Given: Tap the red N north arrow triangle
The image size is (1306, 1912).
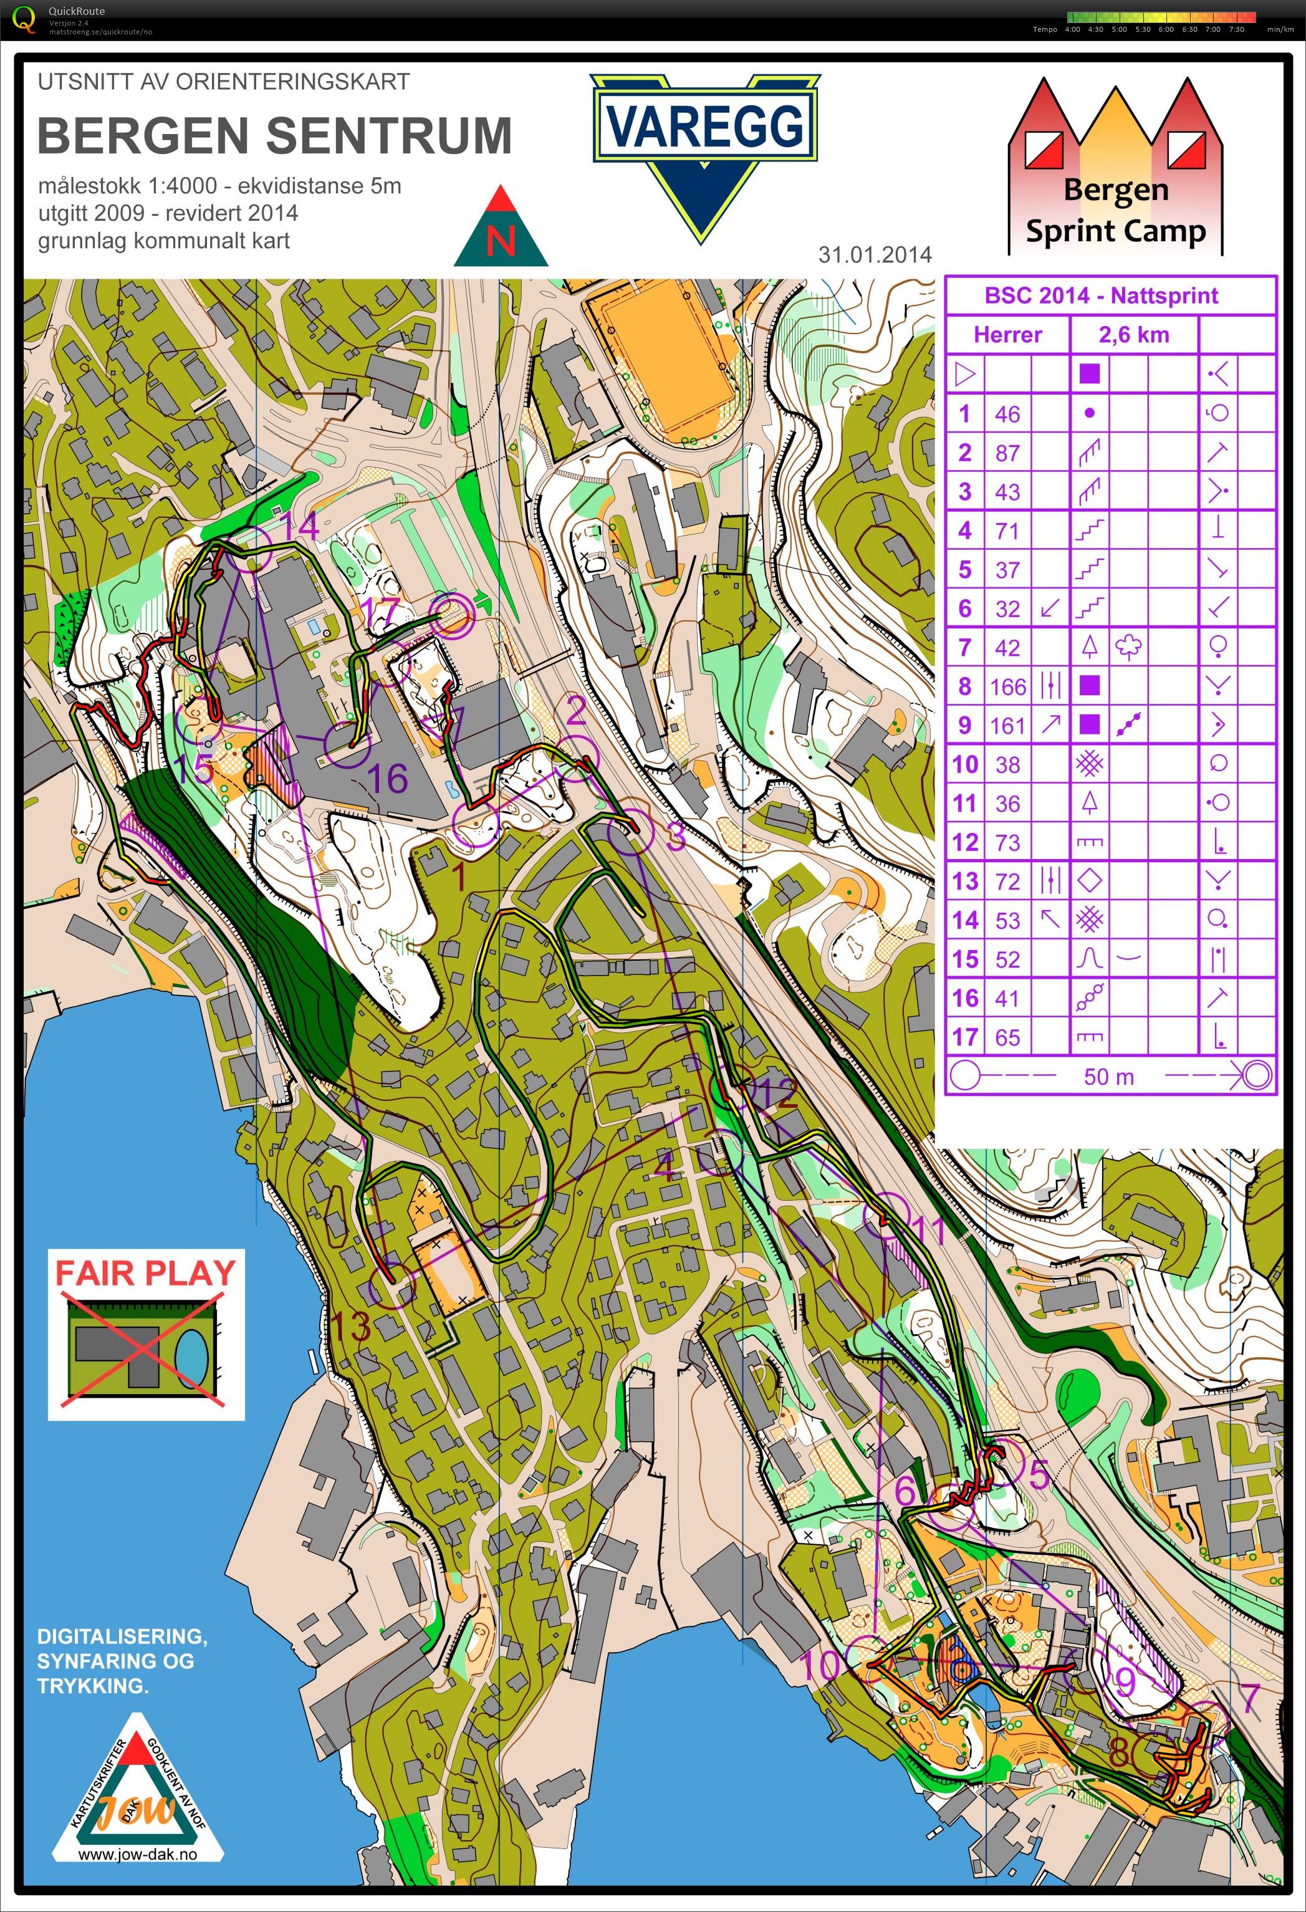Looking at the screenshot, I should click(x=501, y=231).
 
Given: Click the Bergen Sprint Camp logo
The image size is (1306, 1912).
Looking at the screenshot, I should click(x=1115, y=169).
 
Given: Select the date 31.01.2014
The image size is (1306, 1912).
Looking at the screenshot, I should click(x=874, y=255).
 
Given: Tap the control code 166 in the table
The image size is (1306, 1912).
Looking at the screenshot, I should click(x=1008, y=686).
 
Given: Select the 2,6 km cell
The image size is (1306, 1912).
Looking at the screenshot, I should click(x=1133, y=335).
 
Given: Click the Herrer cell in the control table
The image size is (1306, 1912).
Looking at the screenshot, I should click(x=1007, y=335).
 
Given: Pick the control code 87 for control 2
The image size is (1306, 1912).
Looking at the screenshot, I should click(x=1007, y=453).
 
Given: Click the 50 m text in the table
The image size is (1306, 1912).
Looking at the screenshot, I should click(x=1108, y=1077).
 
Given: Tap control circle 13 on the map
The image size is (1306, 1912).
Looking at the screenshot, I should click(x=391, y=1286).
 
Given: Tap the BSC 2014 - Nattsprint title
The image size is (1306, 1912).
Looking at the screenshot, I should click(x=1100, y=296).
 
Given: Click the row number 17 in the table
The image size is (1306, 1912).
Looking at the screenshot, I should click(x=964, y=1037).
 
